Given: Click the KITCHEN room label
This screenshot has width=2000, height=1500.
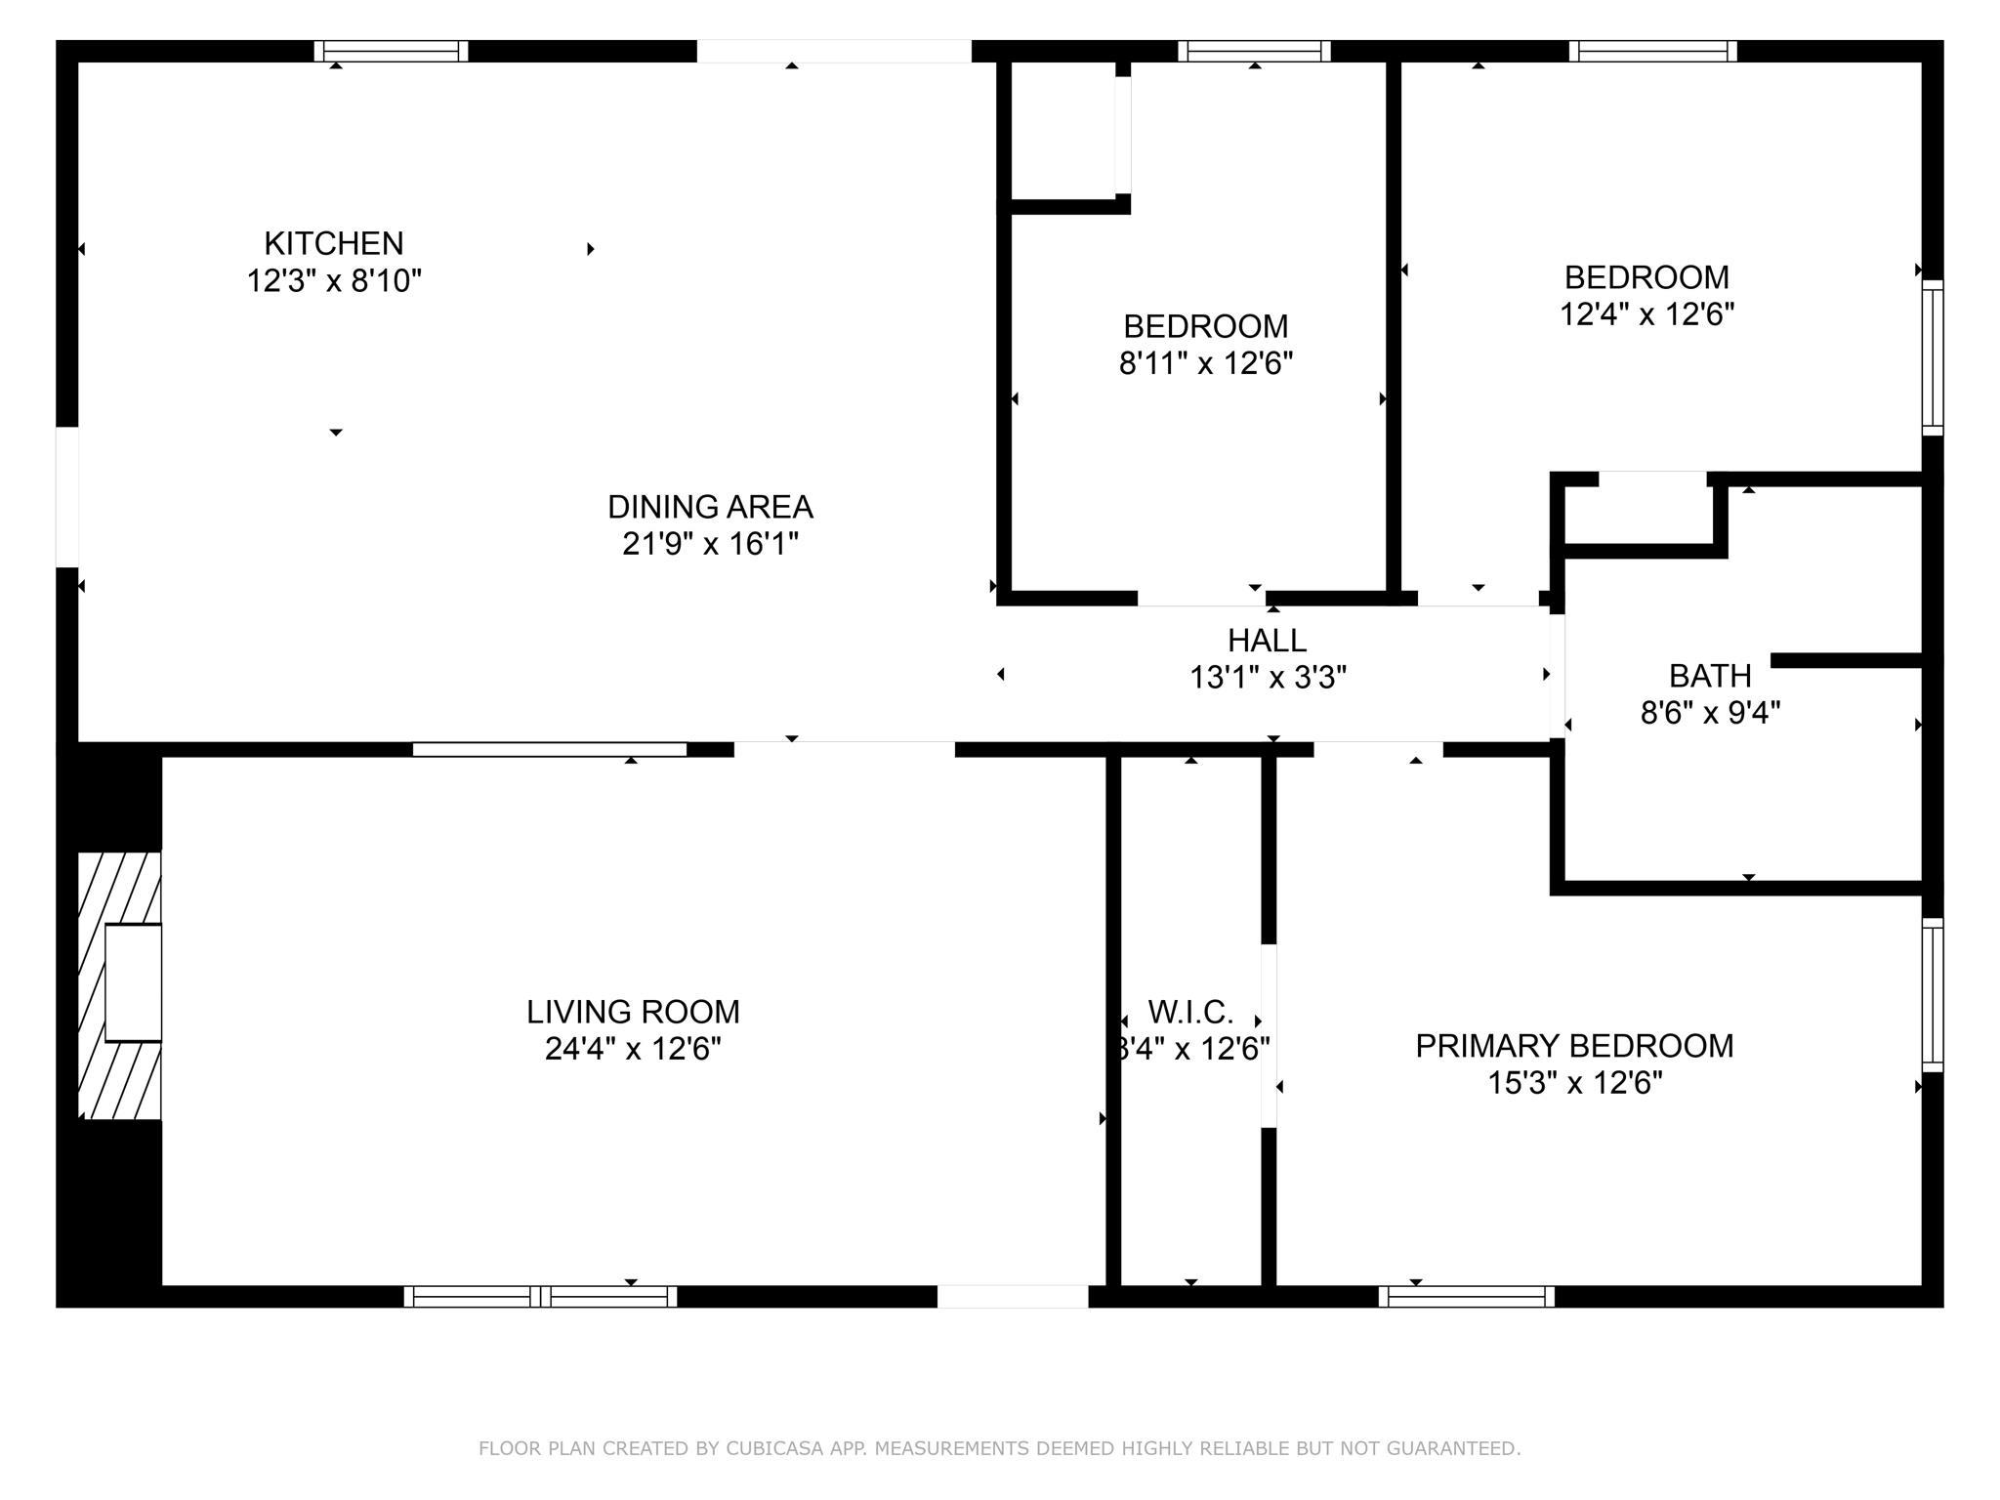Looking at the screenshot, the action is click(333, 243).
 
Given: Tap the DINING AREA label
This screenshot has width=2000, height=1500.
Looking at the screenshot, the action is click(710, 507).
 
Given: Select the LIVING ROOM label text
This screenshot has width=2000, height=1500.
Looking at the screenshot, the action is click(633, 1012).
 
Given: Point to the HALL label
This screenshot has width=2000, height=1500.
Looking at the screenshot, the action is click(1267, 641).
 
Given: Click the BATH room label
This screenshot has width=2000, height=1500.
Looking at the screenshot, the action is click(1710, 676).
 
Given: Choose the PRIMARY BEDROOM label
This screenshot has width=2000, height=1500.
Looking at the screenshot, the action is click(1574, 1046).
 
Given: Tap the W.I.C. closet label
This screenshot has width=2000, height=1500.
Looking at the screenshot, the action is click(1190, 1012).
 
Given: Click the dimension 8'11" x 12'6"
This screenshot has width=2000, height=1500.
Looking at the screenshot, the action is click(1206, 364).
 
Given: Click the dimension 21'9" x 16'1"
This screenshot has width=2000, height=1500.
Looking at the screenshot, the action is click(710, 544).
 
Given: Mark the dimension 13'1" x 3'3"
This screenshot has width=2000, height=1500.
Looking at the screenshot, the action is click(1268, 678).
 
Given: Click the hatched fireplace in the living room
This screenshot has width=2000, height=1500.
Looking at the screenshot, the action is click(119, 985).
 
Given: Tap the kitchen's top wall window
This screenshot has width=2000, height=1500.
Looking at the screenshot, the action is click(391, 51).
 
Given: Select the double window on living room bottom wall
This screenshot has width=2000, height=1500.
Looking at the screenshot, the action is click(540, 1297).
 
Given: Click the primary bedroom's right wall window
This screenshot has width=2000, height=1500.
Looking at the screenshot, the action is click(1933, 995).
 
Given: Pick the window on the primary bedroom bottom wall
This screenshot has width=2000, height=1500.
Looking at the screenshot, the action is click(1467, 1297).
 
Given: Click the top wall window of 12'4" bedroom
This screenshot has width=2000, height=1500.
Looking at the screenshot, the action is click(1653, 51).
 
